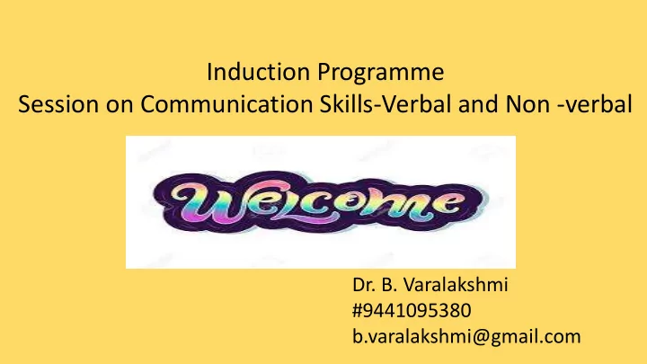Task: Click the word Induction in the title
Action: pos(258,72)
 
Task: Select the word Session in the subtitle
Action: pos(58,104)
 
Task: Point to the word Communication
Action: pos(226,104)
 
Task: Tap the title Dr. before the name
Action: pos(364,285)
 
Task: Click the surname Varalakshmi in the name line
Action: pos(455,284)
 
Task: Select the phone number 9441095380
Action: pos(417,310)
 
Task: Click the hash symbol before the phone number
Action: pos(358,310)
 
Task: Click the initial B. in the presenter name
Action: pos(389,285)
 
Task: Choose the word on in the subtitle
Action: pos(120,106)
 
